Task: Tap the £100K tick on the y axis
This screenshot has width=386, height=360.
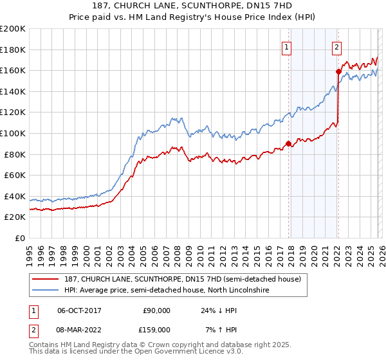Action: coord(13,133)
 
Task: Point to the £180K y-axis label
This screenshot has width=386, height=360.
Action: coord(13,50)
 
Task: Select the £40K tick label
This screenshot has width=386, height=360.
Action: coord(15,196)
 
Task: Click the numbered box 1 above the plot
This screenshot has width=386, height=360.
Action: coord(286,46)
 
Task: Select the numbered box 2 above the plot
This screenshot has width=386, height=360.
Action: coord(336,46)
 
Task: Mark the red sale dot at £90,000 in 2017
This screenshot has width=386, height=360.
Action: coord(288,143)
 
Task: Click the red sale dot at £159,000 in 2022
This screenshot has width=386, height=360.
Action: coord(338,71)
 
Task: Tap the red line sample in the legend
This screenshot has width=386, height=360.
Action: coord(46,279)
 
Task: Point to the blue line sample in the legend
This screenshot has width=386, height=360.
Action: coord(46,291)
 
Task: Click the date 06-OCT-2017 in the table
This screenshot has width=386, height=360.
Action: coord(80,310)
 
